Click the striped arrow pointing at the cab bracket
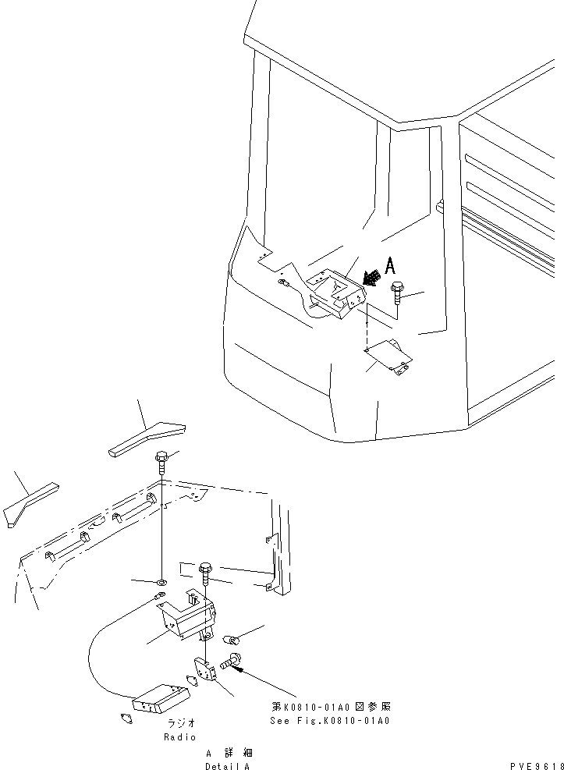pyautogui.click(x=373, y=275)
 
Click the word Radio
pyautogui.click(x=179, y=736)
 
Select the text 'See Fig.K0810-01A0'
pyautogui.click(x=329, y=720)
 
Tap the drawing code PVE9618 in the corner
pyautogui.click(x=537, y=767)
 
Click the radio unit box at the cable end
pyautogui.click(x=163, y=699)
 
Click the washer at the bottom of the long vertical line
pyautogui.click(x=160, y=582)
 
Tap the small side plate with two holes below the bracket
pyautogui.click(x=204, y=670)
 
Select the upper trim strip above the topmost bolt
pyautogui.click(x=147, y=438)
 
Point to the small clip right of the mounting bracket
pyautogui.click(x=232, y=639)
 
